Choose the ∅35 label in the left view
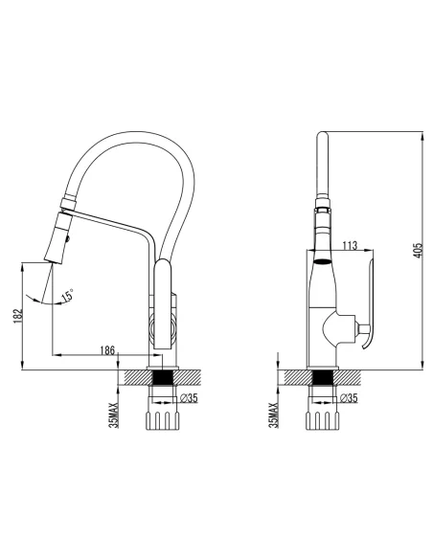(x=189, y=398)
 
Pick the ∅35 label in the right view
(x=349, y=398)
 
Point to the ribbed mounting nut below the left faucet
(x=159, y=419)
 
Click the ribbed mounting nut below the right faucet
(x=321, y=419)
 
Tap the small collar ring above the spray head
(x=70, y=202)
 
